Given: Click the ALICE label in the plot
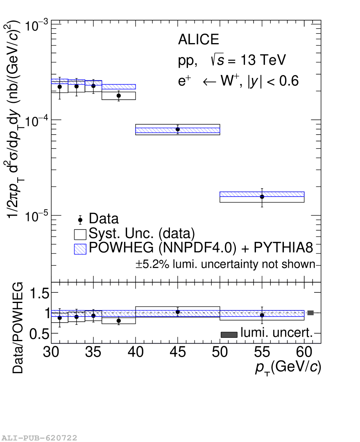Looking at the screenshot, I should click(x=199, y=39).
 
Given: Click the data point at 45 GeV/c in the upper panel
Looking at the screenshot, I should click(x=178, y=129).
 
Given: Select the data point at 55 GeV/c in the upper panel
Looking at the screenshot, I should click(x=262, y=196).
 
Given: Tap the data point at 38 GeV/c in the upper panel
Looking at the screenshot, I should click(x=119, y=96).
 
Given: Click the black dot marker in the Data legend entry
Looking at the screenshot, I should click(x=80, y=220).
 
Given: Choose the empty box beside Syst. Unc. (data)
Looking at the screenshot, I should click(x=80, y=235).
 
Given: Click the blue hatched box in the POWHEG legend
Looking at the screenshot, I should click(x=80, y=249).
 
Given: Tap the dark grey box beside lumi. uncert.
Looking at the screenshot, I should click(x=229, y=335).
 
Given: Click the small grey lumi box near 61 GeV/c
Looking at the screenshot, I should click(x=310, y=313).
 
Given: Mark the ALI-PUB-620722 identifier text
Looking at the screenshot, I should click(x=39, y=438).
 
